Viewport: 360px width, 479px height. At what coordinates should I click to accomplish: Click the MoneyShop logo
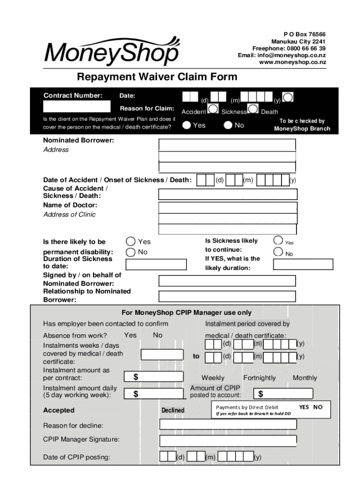click(x=111, y=51)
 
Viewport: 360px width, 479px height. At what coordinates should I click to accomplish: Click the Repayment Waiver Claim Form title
click(x=157, y=77)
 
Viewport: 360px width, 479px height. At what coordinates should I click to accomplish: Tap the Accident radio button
click(x=213, y=109)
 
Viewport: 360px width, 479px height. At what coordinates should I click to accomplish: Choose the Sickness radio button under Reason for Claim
click(x=253, y=109)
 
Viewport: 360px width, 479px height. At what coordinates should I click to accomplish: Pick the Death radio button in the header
click(x=289, y=97)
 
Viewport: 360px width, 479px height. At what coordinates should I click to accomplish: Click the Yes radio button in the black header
click(x=187, y=125)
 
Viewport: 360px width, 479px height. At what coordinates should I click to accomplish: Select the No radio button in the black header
click(x=228, y=125)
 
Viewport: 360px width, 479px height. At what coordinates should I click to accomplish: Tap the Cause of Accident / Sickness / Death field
click(x=227, y=194)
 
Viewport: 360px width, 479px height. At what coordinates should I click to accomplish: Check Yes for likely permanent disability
click(x=130, y=241)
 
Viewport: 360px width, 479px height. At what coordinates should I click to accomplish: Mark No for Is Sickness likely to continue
click(x=278, y=252)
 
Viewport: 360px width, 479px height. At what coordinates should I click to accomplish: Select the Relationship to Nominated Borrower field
click(x=227, y=296)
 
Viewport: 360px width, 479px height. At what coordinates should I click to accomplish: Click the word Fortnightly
click(x=259, y=378)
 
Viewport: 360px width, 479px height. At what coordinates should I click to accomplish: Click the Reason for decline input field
click(x=228, y=425)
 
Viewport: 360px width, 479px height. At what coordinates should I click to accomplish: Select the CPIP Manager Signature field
click(x=228, y=441)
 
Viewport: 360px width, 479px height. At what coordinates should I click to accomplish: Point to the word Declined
click(x=173, y=410)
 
